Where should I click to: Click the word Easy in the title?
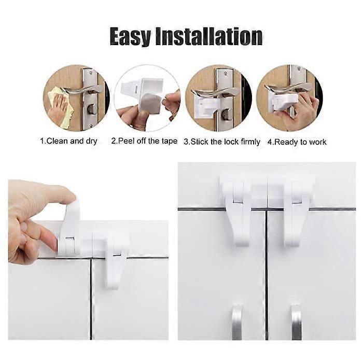coord(130,36)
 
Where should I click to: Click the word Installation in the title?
coord(209,36)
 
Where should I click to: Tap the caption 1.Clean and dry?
coord(69,141)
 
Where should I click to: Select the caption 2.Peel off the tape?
coord(144,141)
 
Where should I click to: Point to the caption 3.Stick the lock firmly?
coord(222,142)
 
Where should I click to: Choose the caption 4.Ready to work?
coord(297,142)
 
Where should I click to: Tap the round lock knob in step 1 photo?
coord(92,109)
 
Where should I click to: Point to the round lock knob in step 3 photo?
coord(225,115)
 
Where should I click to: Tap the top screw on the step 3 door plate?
coord(225,74)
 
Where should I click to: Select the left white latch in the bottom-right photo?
coord(236,213)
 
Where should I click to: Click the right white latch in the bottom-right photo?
coord(297,213)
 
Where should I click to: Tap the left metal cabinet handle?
coord(237,323)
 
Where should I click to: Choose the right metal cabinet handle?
coord(297,323)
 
